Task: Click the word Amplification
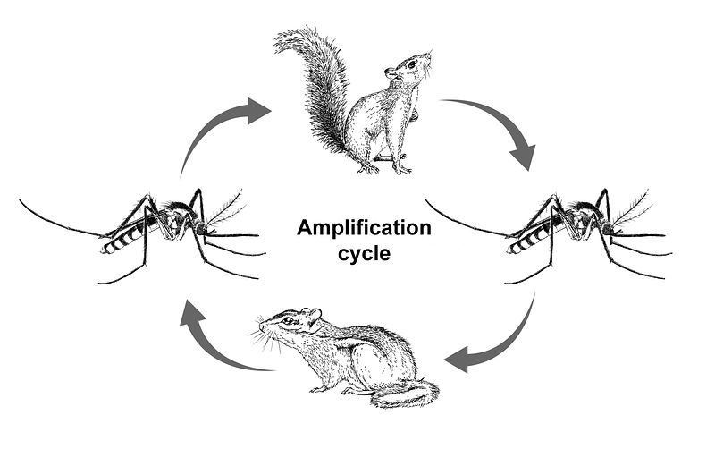point(365,229)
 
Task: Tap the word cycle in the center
point(365,253)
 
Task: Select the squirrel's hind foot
point(402,168)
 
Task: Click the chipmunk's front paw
point(317,389)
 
